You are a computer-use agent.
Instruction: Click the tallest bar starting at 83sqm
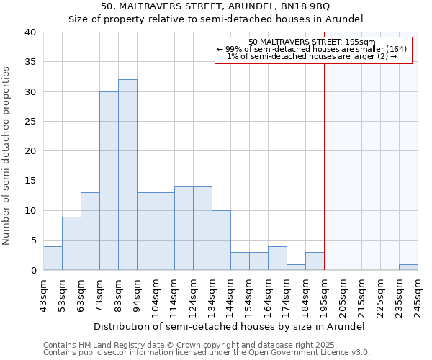click(x=127, y=175)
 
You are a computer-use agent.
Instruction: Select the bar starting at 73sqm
click(x=109, y=181)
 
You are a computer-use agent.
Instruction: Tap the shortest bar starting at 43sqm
click(x=53, y=258)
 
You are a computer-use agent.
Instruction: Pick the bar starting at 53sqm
click(x=71, y=243)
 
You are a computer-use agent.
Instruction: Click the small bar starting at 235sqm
click(x=408, y=267)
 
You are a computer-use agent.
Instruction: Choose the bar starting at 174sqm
click(x=296, y=267)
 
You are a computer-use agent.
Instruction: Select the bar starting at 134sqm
click(x=221, y=240)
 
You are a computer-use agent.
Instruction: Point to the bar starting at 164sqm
click(x=277, y=258)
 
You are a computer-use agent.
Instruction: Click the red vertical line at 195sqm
click(x=324, y=158)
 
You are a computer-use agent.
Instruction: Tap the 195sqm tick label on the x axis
click(x=324, y=293)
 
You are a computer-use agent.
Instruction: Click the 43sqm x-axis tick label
click(x=43, y=293)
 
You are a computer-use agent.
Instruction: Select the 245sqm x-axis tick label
click(x=418, y=293)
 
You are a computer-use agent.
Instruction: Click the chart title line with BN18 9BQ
click(x=216, y=6)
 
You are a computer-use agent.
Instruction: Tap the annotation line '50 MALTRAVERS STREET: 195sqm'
click(x=312, y=42)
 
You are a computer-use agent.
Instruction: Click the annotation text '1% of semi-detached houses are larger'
click(x=312, y=56)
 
